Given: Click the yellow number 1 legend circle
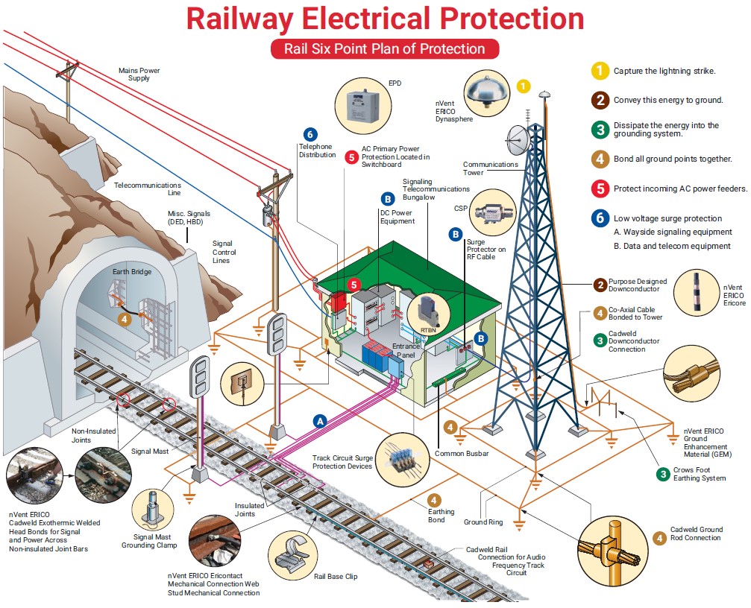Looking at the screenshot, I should point(599,71).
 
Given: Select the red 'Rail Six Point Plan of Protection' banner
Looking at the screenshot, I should point(384,49).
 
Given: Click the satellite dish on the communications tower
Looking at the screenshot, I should point(519,137).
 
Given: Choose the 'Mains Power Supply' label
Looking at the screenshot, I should point(139,75).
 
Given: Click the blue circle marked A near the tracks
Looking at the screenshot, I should point(320,420).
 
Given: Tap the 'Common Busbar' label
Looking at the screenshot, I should point(462,453).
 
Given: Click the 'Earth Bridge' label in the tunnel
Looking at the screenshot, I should point(132,272).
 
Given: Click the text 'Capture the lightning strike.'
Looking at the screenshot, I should point(664,71).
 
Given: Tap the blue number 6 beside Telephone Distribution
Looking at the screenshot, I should point(310,135).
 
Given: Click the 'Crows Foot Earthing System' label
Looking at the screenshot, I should point(699,474).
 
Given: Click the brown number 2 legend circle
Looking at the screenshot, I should point(599,100).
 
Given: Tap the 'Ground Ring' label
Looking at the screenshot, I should point(485,522).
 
